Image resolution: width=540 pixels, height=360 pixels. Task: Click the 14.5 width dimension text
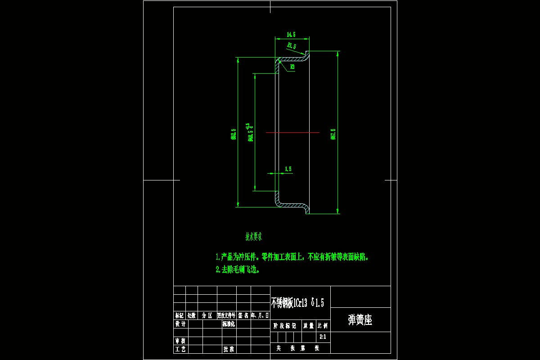291,35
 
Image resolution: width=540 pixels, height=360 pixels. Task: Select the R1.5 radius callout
292,46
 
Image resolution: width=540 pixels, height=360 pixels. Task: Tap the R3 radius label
292,67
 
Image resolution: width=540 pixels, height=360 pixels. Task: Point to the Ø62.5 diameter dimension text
233,134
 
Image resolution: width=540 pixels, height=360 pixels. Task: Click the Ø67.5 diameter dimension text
333,134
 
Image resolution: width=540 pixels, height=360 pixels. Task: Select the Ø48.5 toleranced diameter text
250,132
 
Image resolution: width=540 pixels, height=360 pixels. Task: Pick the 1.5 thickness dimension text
288,169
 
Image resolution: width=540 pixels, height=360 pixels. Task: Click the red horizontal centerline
292,133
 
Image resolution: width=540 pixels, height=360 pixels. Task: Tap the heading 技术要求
253,236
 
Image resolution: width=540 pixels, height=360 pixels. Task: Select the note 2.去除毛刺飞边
238,270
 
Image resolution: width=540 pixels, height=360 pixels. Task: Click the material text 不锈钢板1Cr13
289,303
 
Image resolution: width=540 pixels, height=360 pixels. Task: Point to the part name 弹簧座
360,320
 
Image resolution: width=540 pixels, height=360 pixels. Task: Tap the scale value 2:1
323,337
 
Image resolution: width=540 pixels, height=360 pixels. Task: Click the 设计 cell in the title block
180,324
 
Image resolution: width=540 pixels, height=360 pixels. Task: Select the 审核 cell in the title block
180,341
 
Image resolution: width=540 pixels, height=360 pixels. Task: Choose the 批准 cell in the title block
229,349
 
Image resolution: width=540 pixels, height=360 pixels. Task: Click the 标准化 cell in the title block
229,324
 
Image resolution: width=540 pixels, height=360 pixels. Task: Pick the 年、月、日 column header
260,315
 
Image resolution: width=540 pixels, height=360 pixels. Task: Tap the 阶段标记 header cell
285,325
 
